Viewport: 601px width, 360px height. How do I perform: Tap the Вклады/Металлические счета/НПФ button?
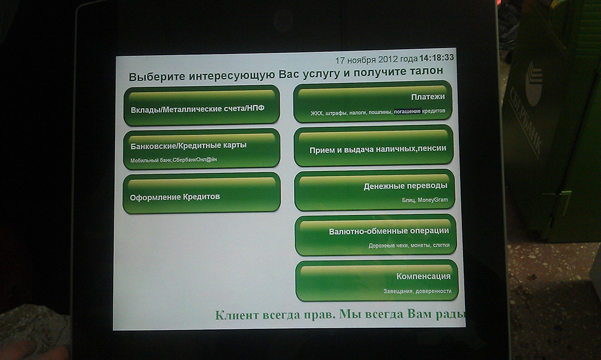point(202,106)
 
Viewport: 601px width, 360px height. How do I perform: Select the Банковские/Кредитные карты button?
point(202,149)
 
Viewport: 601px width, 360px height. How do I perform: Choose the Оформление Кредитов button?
point(202,193)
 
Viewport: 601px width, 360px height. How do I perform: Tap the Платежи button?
point(373,102)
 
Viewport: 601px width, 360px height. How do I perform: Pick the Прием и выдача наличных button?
point(374,146)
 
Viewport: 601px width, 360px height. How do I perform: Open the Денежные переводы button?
point(374,190)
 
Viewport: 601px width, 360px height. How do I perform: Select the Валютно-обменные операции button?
point(376,235)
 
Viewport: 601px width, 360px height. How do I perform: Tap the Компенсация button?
point(377,281)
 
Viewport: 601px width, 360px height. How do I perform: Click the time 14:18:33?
point(437,58)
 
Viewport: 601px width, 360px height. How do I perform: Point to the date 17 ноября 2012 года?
point(376,59)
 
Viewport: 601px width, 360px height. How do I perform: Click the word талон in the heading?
point(427,71)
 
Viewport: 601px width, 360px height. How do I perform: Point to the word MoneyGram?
point(433,200)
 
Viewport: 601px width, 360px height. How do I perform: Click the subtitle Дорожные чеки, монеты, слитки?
point(409,245)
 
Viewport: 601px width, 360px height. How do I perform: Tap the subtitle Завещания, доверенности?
point(417,291)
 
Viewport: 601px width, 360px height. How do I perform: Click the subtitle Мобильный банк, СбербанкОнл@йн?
point(174,160)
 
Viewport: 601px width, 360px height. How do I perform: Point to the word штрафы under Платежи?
point(336,113)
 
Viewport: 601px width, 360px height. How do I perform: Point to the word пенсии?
point(432,148)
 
